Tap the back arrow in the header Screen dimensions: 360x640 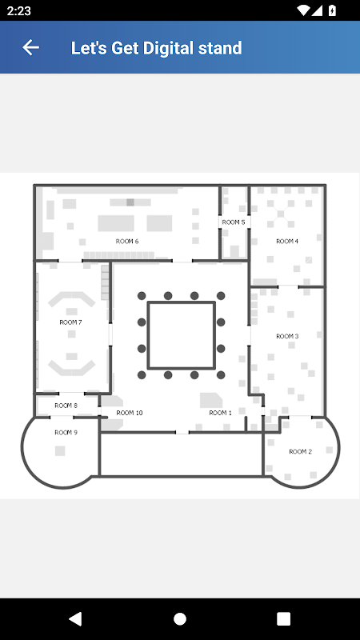coord(30,47)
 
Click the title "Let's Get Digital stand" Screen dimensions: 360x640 coord(156,48)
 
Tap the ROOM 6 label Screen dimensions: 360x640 coord(127,242)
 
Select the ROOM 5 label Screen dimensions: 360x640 coord(234,222)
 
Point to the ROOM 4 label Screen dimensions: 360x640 coord(287,242)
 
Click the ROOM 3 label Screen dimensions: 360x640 coord(287,336)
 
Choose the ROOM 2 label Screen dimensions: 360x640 coord(301,451)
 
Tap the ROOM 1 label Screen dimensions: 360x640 coord(221,413)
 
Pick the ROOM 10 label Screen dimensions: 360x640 coord(130,413)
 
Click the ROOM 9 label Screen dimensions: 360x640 coord(66,433)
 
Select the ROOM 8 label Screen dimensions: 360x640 coord(66,406)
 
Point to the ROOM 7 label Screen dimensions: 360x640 coord(71,322)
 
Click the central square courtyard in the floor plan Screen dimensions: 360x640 coord(182,335)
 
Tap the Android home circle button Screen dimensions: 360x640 coord(180,618)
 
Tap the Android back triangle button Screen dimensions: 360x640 coord(75,618)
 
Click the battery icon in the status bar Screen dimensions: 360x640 coord(333,10)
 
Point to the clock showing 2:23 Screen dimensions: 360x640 coord(18,10)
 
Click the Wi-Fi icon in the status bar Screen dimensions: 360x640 coord(303,10)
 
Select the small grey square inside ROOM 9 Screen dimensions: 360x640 coord(60,451)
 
